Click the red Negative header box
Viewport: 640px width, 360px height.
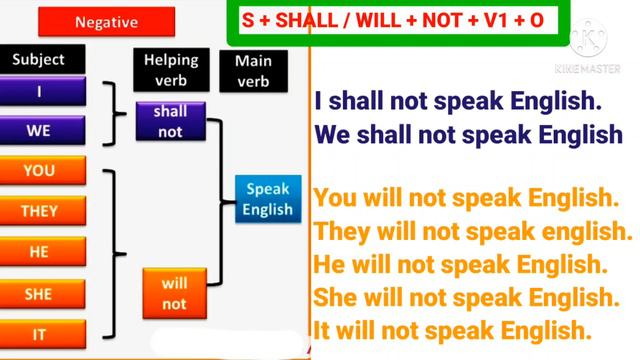tap(107, 19)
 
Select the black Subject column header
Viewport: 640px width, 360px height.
tap(39, 60)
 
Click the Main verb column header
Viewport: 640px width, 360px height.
tap(253, 69)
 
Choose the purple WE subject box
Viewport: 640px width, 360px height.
tap(39, 129)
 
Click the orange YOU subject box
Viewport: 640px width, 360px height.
tap(39, 171)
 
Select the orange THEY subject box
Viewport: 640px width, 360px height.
tap(39, 211)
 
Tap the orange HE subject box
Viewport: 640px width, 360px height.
tap(39, 252)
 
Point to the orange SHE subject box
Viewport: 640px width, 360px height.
tap(39, 294)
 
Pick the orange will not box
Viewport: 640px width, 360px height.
tap(174, 293)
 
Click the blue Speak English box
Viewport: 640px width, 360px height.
tap(268, 199)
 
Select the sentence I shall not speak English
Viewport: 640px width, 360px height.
tap(458, 102)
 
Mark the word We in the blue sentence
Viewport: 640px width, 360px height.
tap(332, 134)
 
